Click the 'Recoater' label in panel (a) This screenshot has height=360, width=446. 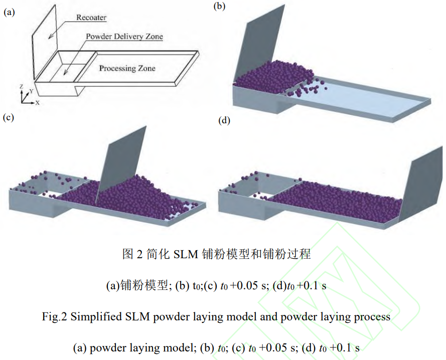[91, 18]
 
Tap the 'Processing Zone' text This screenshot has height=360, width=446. [127, 68]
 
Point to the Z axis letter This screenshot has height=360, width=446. [21, 87]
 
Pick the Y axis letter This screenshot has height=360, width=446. [31, 91]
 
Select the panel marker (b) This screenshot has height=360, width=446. [220, 6]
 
